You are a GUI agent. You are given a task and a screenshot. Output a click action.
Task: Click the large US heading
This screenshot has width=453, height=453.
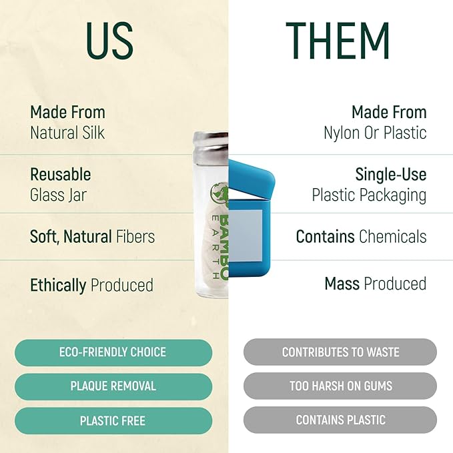tap(110, 41)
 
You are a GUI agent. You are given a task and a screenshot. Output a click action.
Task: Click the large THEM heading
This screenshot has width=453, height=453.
tap(338, 41)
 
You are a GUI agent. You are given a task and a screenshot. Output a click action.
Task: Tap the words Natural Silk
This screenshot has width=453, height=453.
tap(67, 133)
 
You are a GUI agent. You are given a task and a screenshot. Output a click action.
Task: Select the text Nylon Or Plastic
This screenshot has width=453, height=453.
tap(375, 133)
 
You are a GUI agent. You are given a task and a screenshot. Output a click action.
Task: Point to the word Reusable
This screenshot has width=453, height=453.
tap(61, 174)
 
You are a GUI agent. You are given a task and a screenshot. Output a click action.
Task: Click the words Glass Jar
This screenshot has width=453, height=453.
tap(58, 195)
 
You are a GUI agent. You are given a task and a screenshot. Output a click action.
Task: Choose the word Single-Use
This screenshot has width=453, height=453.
tap(391, 174)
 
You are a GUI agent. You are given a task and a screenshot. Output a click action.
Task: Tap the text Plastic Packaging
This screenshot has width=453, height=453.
tap(369, 195)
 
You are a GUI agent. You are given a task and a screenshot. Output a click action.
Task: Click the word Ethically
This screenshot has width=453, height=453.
tap(58, 286)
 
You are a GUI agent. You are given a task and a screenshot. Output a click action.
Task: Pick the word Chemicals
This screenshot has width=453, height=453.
tap(393, 237)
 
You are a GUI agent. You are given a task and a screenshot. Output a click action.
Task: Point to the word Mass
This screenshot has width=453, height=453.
tap(342, 284)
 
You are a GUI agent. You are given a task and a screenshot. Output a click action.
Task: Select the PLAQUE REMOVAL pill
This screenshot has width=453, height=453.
tap(113, 386)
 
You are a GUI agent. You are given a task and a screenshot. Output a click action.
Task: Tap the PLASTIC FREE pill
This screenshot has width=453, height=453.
tap(113, 420)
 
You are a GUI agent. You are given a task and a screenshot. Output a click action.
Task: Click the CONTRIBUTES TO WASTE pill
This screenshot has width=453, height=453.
tap(340, 352)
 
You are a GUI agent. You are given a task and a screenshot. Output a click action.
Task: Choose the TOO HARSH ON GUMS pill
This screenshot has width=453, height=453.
tap(340, 386)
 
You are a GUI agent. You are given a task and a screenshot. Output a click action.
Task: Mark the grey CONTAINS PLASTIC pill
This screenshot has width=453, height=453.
tap(340, 420)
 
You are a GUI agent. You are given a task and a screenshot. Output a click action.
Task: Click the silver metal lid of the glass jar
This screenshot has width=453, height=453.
tap(211, 145)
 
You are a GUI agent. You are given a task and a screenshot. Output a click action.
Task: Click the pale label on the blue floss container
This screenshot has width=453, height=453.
tap(246, 236)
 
